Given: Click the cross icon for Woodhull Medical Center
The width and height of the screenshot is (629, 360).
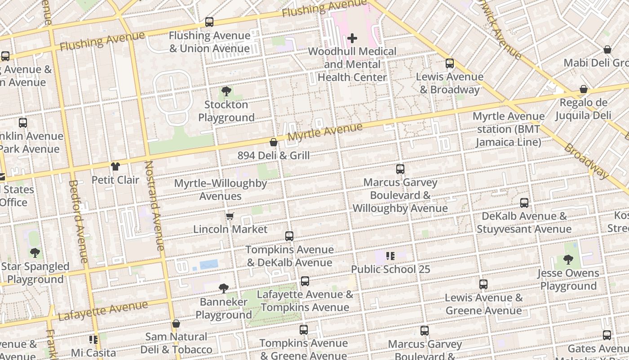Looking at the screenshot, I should click(352, 38).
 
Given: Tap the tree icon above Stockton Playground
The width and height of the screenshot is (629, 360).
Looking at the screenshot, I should click(226, 91).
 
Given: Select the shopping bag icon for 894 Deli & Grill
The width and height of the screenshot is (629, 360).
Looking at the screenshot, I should click(273, 143).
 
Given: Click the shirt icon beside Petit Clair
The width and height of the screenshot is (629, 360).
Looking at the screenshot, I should click(115, 166).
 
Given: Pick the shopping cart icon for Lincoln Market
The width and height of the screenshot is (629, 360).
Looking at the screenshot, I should click(230, 216).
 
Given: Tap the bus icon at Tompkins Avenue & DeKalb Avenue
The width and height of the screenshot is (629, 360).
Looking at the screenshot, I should click(289, 236).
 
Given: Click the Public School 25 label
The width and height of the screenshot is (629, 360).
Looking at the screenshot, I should click(390, 269).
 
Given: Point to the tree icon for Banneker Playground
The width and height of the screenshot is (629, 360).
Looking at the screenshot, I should click(223, 288).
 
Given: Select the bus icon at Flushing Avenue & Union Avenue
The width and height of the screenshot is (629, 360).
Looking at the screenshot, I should click(209, 22).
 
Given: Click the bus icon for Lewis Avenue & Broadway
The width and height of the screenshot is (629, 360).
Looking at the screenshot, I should click(449, 63).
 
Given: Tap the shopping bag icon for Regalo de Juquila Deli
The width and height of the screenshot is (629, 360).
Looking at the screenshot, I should click(583, 89).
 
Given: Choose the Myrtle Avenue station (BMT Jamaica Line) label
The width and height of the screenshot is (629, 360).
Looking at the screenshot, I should click(508, 129).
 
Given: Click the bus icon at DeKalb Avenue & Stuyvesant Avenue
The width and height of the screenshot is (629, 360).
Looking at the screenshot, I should click(524, 202).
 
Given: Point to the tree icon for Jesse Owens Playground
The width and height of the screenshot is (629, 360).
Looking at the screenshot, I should click(568, 260).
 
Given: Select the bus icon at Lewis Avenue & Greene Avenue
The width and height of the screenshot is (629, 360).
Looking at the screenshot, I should click(483, 284).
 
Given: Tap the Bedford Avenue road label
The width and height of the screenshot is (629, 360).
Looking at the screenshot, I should click(77, 221).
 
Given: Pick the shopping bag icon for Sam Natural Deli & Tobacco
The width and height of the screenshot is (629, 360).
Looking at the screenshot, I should click(176, 324).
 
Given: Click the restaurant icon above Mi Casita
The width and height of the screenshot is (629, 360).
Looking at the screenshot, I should click(93, 339).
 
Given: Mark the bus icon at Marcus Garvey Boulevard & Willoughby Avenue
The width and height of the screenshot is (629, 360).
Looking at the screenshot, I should click(400, 169).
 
